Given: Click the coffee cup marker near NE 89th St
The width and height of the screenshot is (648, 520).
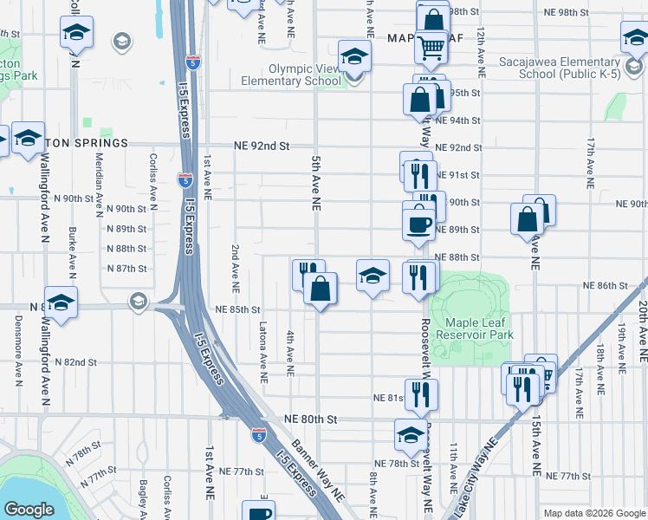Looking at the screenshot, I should coord(419,223).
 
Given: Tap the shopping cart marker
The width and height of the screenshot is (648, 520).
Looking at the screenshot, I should coord(431,49).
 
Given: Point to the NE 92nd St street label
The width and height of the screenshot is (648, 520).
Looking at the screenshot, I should coord(261,146).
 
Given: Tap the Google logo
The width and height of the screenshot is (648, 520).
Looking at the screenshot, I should coord(29,510).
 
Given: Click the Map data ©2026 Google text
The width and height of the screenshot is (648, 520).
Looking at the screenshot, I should coord(594,513).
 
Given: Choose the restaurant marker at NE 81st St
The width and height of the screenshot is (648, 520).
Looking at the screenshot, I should coord(421,394).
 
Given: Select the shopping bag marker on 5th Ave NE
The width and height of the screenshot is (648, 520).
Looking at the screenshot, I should coord(321,289).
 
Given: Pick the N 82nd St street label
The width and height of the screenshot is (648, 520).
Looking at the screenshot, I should coord(75,361).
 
